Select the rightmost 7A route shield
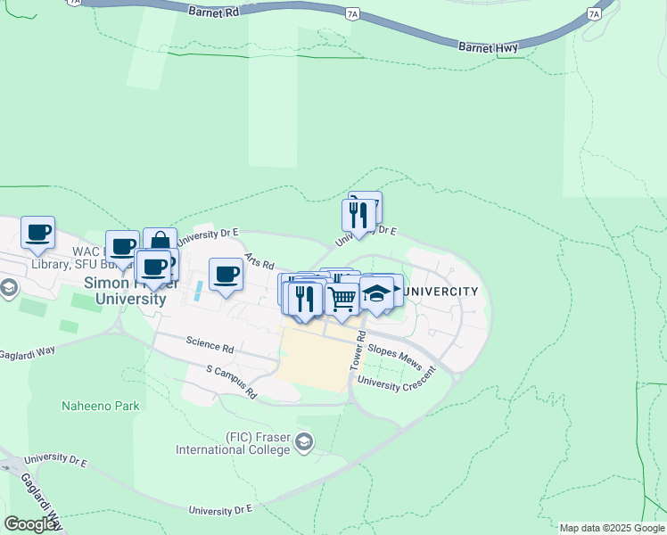[594, 14]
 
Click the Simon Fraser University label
[125, 291]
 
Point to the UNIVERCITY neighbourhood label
[440, 292]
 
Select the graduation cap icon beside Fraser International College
[305, 442]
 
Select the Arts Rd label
[259, 259]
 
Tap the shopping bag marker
[160, 243]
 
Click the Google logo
[30, 523]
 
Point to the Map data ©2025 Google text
[611, 528]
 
